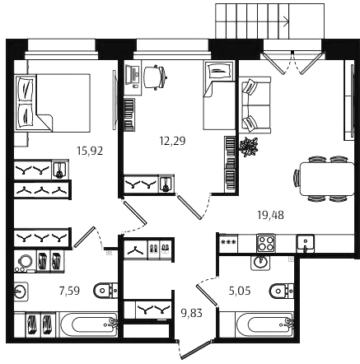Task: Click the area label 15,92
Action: (90, 151)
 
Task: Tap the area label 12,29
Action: (172, 141)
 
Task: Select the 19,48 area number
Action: (271, 215)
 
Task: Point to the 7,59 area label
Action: (69, 290)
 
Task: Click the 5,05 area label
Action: (240, 290)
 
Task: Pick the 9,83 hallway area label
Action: (192, 313)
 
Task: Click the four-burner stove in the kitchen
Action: (265, 243)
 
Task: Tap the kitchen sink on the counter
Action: (305, 243)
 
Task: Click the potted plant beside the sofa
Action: (249, 147)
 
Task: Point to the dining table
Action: (327, 179)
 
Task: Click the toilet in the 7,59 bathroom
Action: (105, 290)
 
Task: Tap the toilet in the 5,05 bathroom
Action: (282, 291)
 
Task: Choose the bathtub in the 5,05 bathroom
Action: (266, 324)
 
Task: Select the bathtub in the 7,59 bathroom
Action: (89, 324)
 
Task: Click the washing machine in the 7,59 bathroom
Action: (25, 261)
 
